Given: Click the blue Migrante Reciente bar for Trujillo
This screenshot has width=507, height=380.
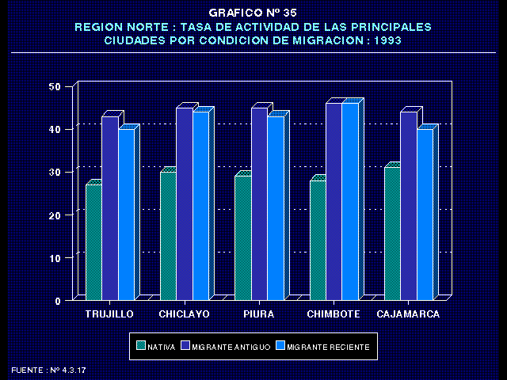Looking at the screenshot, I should click(x=126, y=214).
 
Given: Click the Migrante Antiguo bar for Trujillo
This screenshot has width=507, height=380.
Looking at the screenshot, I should click(x=109, y=208).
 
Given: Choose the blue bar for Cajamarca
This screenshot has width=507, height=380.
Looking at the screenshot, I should click(x=425, y=214).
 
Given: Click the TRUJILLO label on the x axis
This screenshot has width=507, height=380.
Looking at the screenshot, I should click(x=109, y=314).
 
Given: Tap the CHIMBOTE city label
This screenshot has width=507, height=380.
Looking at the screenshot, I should click(x=333, y=314).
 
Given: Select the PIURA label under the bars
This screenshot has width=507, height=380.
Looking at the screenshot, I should click(x=259, y=314).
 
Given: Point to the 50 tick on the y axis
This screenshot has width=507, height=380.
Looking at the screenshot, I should click(x=55, y=86).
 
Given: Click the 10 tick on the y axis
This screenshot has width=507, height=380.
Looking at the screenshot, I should click(x=55, y=258).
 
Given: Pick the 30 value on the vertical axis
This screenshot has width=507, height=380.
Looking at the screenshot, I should click(x=55, y=172).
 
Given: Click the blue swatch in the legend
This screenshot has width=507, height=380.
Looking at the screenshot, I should click(x=280, y=346).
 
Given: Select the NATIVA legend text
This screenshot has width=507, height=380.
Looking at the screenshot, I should click(x=161, y=346).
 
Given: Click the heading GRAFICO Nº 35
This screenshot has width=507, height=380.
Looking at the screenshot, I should click(x=253, y=13).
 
